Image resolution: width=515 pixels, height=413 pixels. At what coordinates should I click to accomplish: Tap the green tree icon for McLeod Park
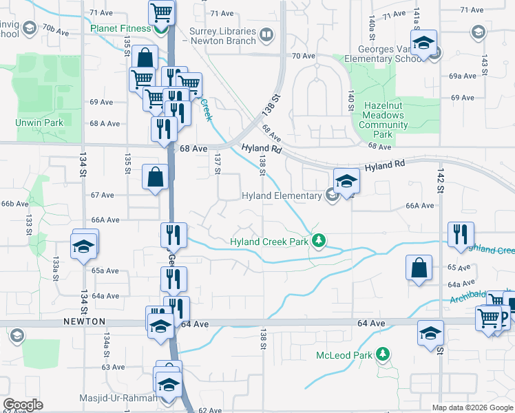click(x=383, y=354)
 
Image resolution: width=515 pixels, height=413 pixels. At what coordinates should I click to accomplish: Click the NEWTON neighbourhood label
click(x=85, y=321)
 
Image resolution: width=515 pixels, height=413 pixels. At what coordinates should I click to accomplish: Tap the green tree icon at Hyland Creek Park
click(x=318, y=240)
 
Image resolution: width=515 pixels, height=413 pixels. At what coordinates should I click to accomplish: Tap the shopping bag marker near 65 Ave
click(x=419, y=268)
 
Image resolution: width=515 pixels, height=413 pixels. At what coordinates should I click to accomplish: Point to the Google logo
click(x=23, y=405)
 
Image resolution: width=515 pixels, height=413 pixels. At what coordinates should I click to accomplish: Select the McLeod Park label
click(x=344, y=355)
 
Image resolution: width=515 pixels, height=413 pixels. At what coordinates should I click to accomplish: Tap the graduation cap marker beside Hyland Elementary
click(x=346, y=180)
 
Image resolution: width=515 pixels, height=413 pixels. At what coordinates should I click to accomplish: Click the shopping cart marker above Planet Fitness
click(x=161, y=11)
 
